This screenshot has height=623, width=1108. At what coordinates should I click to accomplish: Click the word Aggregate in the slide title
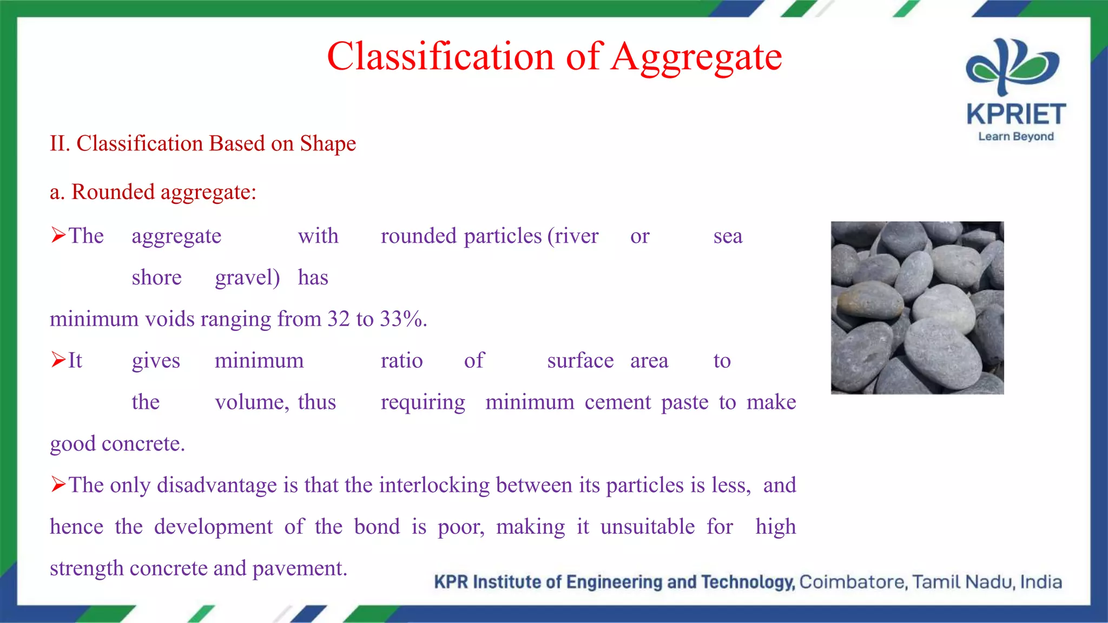(x=697, y=57)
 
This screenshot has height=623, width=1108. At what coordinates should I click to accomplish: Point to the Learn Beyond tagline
(x=1015, y=137)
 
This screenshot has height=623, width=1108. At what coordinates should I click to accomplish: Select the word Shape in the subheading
(x=328, y=144)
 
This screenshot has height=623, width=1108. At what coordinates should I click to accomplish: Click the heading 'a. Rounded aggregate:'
(x=153, y=192)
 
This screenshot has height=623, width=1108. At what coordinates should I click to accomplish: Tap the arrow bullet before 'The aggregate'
(x=58, y=235)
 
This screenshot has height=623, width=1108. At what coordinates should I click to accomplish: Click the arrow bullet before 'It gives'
(x=58, y=360)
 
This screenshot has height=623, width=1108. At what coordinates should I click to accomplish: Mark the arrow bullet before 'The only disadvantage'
(x=58, y=485)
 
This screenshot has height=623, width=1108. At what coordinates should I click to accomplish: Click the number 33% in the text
(x=401, y=319)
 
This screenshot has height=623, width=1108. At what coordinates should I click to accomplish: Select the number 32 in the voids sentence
(x=339, y=319)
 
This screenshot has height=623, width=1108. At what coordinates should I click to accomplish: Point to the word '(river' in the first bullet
(x=572, y=236)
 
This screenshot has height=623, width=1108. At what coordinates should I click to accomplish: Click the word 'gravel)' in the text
(x=247, y=278)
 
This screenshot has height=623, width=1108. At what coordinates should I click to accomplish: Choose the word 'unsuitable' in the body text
(x=647, y=527)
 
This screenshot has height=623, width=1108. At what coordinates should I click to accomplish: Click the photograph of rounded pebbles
(x=917, y=307)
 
